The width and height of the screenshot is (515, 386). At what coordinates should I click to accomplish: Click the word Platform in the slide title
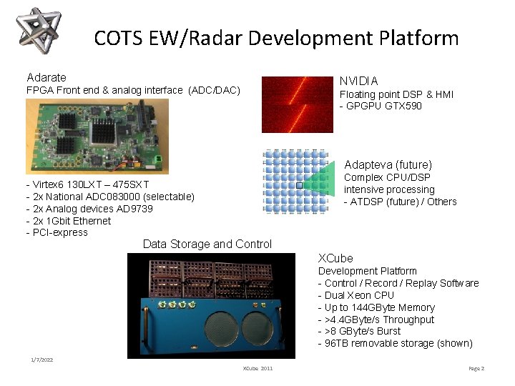(418, 38)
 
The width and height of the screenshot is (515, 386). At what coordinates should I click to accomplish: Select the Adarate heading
(46, 77)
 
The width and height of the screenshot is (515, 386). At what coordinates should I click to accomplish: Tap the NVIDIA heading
(358, 81)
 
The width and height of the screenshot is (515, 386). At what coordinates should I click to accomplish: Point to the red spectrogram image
(297, 104)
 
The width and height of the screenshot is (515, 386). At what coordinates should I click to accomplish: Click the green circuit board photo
(97, 136)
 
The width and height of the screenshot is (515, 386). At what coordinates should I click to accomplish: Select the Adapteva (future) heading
(388, 164)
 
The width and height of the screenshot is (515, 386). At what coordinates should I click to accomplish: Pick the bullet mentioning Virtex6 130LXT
(87, 184)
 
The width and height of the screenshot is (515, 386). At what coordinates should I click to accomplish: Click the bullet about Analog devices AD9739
(89, 209)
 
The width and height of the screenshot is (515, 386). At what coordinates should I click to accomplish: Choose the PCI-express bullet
(57, 232)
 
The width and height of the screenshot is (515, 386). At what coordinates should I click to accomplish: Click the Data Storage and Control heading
(207, 244)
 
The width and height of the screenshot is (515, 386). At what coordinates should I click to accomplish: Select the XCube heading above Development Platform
(335, 258)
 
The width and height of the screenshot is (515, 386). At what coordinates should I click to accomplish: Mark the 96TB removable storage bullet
(395, 343)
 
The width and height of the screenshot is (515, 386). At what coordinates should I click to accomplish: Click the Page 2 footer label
(476, 368)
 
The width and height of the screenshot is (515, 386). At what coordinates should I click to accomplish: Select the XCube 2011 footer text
(257, 368)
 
